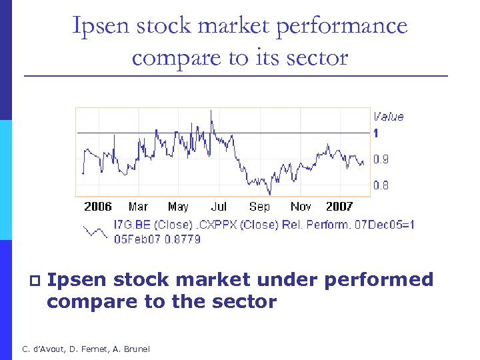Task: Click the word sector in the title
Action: [316, 57]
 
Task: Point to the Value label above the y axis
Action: [388, 117]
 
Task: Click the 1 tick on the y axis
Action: [376, 133]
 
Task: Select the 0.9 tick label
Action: [381, 159]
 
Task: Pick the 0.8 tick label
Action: [381, 185]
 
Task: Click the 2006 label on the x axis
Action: [98, 207]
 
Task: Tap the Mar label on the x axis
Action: [138, 207]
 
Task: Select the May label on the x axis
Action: [178, 207]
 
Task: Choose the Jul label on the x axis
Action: [219, 207]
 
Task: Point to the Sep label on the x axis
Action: [259, 207]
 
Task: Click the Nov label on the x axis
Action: [301, 207]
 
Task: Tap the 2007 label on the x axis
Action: [339, 207]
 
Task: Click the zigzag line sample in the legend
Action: [95, 231]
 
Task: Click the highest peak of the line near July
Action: [211, 111]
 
